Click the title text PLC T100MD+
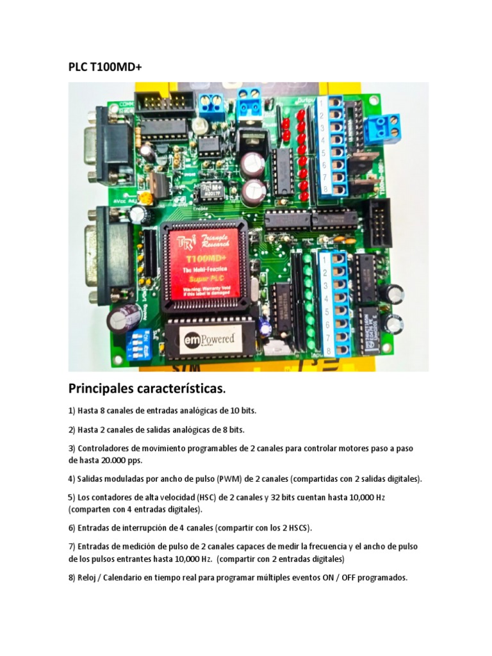(105, 69)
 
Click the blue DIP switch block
(139, 345)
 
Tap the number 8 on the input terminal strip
(328, 351)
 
